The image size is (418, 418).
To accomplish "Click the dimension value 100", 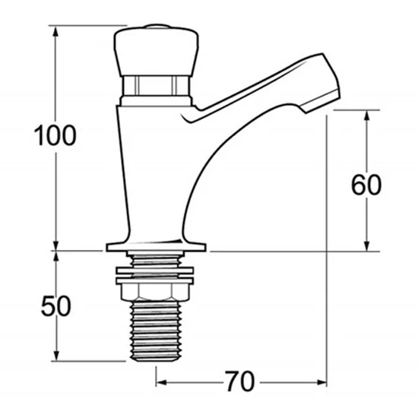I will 55,136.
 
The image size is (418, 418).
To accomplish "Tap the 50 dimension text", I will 55,306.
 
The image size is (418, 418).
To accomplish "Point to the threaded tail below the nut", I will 155,331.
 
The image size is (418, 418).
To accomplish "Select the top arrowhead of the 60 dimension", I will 368,115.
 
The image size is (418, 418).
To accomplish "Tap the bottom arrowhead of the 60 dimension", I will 368,245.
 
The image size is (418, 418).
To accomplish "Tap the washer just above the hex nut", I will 155,270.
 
